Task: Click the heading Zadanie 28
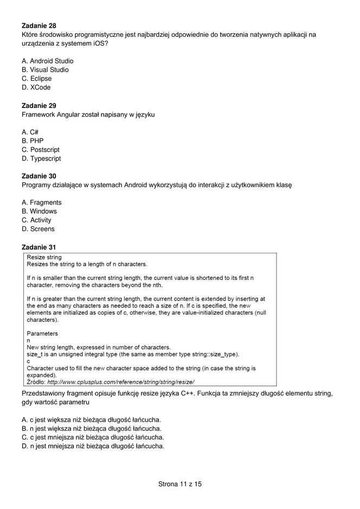point(39,26)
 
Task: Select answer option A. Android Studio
point(48,61)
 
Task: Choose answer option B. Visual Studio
point(46,69)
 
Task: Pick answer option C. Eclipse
point(37,79)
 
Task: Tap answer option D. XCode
point(36,87)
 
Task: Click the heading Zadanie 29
point(39,105)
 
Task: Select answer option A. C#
point(30,132)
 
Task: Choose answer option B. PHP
point(33,141)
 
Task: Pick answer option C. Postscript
point(41,150)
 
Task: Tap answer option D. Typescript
point(41,158)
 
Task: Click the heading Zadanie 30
point(39,176)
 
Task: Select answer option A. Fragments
point(42,202)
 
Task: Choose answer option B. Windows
point(40,211)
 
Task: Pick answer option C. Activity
point(37,220)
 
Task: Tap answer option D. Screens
point(38,229)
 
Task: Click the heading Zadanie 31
point(39,247)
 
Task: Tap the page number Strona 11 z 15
point(180,483)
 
